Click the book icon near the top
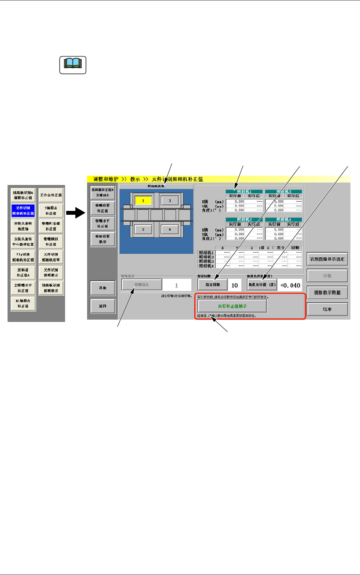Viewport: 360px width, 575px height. click(x=73, y=65)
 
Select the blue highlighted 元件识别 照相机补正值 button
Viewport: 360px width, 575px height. click(x=23, y=210)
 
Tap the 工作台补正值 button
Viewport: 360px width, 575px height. click(x=51, y=195)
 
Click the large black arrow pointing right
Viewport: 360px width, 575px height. click(x=75, y=212)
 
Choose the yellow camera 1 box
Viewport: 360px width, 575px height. click(x=143, y=200)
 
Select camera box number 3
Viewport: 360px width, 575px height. click(x=170, y=200)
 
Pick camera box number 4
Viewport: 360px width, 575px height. click(x=170, y=229)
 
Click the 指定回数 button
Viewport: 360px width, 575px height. click(x=212, y=285)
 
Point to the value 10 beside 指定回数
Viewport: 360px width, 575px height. click(x=235, y=285)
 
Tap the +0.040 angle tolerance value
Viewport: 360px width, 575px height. click(x=290, y=285)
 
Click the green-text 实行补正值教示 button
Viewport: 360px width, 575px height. click(x=232, y=306)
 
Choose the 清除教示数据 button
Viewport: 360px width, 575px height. click(x=327, y=293)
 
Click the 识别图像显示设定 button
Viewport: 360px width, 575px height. click(x=327, y=259)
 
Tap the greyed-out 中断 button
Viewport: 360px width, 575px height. click(x=327, y=276)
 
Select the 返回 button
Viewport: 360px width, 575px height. click(x=103, y=306)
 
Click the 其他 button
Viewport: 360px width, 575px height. click(x=103, y=288)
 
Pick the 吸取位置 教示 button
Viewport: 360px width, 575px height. click(x=103, y=239)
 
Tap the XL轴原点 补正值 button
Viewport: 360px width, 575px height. click(x=23, y=303)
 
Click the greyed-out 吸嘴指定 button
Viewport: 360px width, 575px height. click(x=141, y=285)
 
